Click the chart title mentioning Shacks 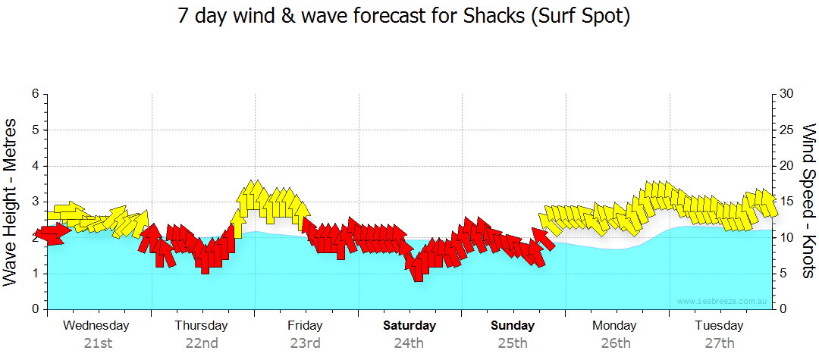point(404,17)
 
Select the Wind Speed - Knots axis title point(808,201)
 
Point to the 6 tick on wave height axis point(35,94)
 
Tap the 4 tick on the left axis point(35,166)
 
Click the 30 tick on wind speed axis point(787,94)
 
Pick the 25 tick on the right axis point(787,130)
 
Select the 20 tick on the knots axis point(787,166)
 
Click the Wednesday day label point(96,326)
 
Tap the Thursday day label point(201,326)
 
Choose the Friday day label point(305,326)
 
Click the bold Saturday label point(409,326)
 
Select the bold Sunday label point(513,326)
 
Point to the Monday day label point(615,326)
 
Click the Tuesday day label point(719,326)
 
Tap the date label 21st point(98,343)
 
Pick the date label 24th point(409,343)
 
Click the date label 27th point(720,343)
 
